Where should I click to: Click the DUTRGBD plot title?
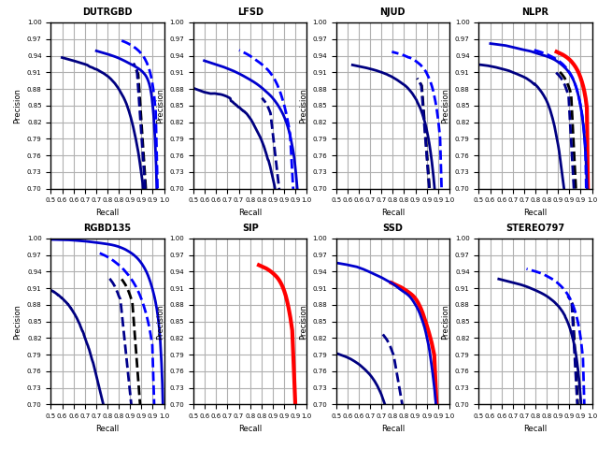click(x=107, y=12)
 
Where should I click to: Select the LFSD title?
click(x=250, y=12)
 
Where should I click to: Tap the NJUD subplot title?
click(x=392, y=12)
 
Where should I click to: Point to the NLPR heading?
click(x=535, y=12)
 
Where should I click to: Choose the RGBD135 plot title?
click(x=107, y=228)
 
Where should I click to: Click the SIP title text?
click(x=250, y=228)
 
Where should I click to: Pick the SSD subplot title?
click(x=392, y=228)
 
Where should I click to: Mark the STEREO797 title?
click(x=535, y=228)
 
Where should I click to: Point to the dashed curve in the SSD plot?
click(x=393, y=359)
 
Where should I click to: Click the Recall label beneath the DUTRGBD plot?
click(x=107, y=212)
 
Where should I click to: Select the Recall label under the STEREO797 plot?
click(x=535, y=428)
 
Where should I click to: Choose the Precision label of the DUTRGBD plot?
click(x=18, y=106)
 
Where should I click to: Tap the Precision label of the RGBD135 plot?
click(x=18, y=322)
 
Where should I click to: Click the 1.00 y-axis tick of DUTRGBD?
click(x=35, y=22)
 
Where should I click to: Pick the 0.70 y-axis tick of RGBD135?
click(x=35, y=405)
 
